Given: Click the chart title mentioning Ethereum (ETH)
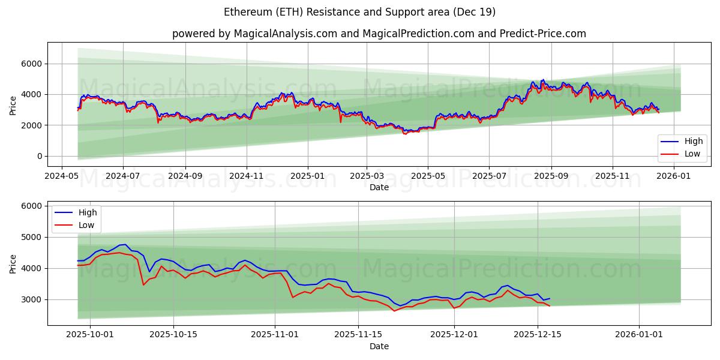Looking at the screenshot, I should click(x=359, y=12).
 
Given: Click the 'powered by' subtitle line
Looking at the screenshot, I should click(x=379, y=34).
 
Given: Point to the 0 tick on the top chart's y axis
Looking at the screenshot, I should click(x=40, y=156).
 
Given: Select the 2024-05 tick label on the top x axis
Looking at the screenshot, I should click(x=62, y=176).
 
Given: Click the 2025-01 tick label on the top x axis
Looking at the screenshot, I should click(x=308, y=176).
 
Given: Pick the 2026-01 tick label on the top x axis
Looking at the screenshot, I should click(x=674, y=176).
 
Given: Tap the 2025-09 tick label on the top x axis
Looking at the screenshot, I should click(x=551, y=176).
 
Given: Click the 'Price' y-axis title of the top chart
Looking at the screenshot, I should click(x=13, y=106).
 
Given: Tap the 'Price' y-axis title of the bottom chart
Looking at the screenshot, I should click(x=13, y=263).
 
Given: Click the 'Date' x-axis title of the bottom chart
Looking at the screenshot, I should click(x=379, y=346).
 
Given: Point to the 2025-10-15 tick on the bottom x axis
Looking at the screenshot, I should click(x=173, y=335).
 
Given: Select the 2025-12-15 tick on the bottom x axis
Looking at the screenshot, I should click(x=538, y=335).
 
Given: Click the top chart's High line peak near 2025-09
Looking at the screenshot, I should click(x=543, y=79).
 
